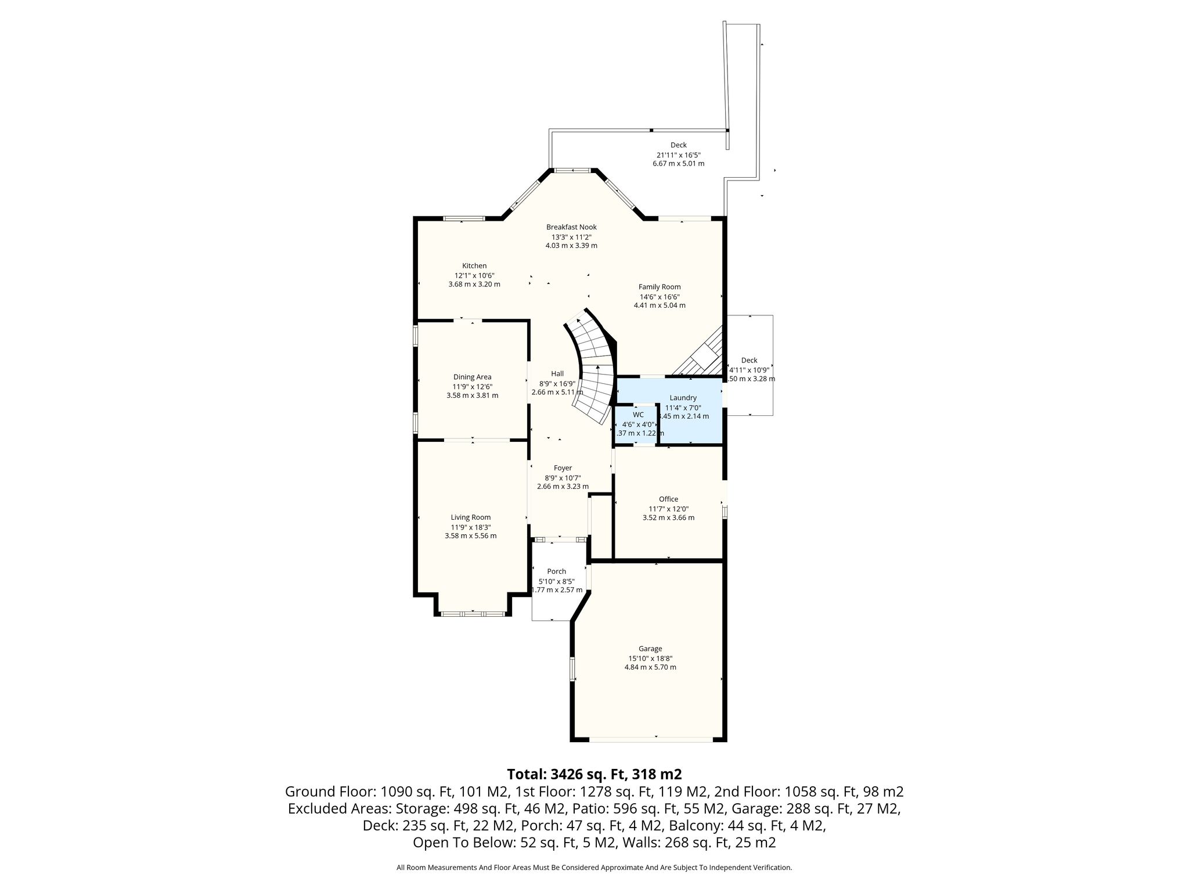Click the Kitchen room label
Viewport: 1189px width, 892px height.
click(474, 266)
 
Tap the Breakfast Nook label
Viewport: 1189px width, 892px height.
click(571, 227)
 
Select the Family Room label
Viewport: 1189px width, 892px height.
click(660, 287)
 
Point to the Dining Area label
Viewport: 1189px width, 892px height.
click(472, 377)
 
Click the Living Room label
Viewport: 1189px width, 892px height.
click(471, 517)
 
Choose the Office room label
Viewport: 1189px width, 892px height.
click(668, 499)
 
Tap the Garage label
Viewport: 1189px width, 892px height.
click(650, 649)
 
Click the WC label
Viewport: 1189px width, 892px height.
click(638, 415)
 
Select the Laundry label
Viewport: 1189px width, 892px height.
click(683, 398)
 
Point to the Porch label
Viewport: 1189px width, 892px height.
click(556, 571)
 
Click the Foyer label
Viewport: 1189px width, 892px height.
click(563, 468)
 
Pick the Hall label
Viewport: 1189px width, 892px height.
click(557, 374)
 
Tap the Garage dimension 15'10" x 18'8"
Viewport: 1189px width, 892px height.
click(650, 658)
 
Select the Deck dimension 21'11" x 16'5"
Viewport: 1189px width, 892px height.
click(679, 155)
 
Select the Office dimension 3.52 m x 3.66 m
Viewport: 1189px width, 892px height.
click(668, 517)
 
